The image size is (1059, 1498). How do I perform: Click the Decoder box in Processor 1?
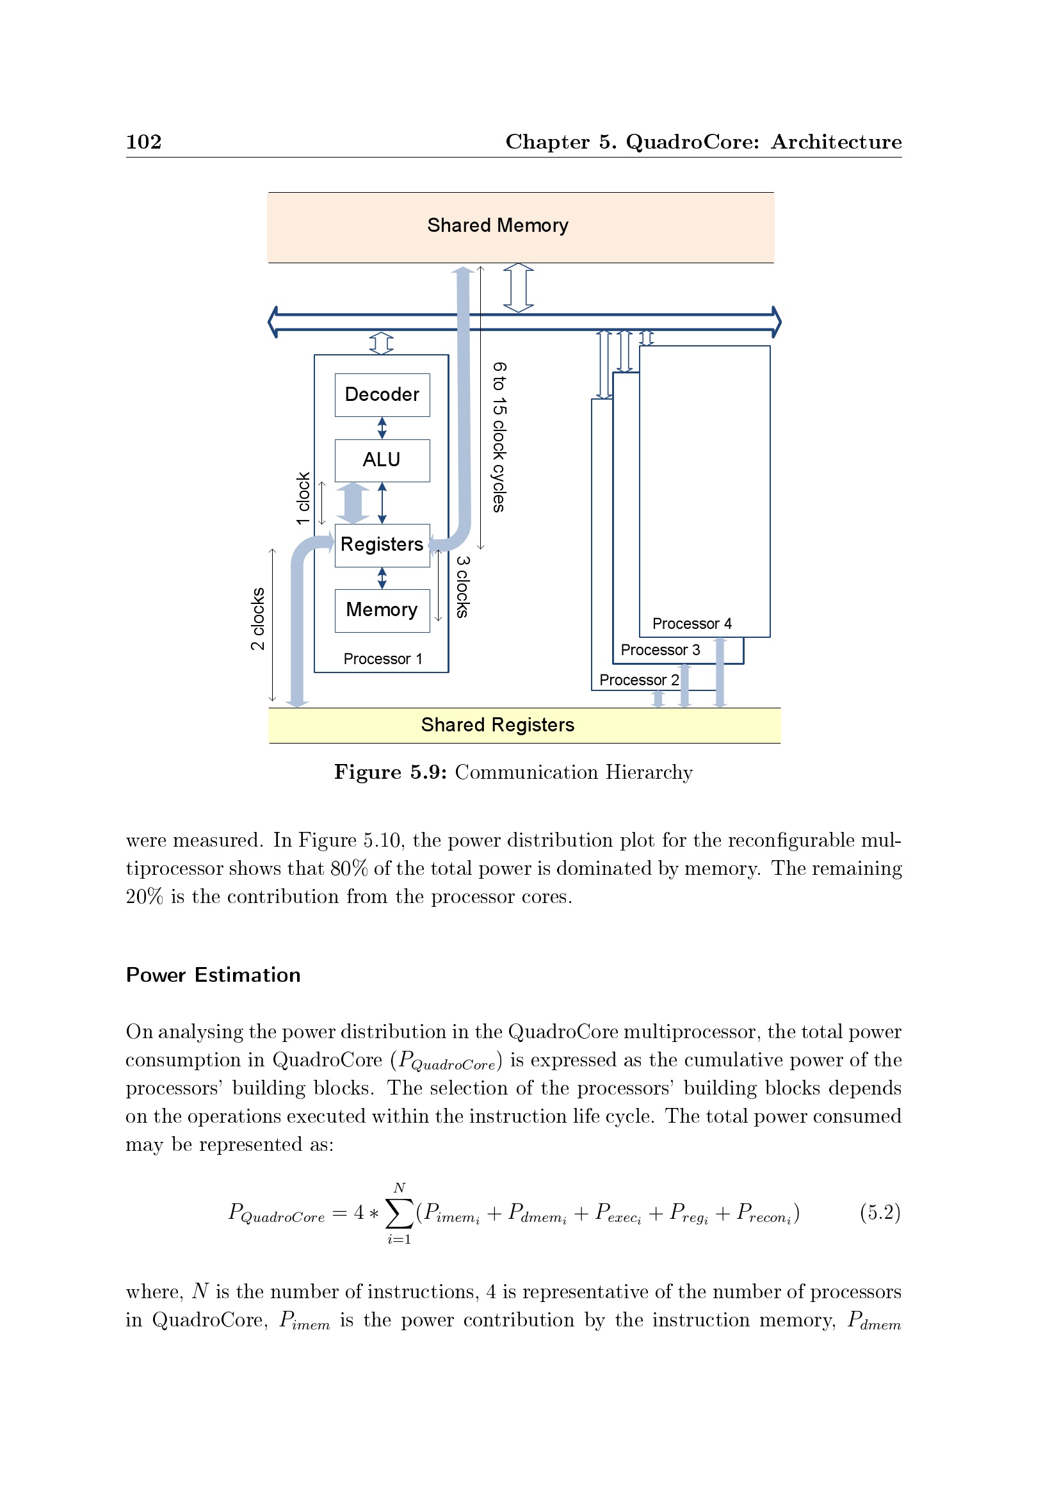click(x=382, y=395)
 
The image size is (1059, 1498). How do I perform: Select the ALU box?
click(x=382, y=460)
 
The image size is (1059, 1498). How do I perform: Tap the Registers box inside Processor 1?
click(x=382, y=545)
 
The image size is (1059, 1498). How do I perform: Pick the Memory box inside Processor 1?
click(x=382, y=610)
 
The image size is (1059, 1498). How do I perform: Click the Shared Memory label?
click(x=497, y=225)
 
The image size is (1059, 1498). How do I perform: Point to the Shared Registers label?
click(x=497, y=725)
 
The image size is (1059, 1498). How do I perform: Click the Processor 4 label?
click(x=692, y=624)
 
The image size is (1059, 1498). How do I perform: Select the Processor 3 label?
click(x=660, y=650)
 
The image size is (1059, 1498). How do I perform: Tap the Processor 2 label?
click(x=639, y=680)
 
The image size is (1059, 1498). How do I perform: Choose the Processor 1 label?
click(x=383, y=659)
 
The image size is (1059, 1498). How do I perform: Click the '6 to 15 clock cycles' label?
click(x=499, y=437)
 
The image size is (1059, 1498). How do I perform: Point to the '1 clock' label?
click(x=303, y=498)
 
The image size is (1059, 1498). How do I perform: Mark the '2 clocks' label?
click(x=258, y=619)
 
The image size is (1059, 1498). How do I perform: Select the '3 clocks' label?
click(x=462, y=587)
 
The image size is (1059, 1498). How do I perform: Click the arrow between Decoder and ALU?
click(x=382, y=428)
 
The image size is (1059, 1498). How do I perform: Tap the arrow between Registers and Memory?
click(x=382, y=578)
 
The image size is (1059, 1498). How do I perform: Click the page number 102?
click(x=143, y=142)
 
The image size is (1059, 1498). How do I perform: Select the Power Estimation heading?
click(x=213, y=975)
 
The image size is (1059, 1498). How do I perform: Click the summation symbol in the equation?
click(x=399, y=1213)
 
